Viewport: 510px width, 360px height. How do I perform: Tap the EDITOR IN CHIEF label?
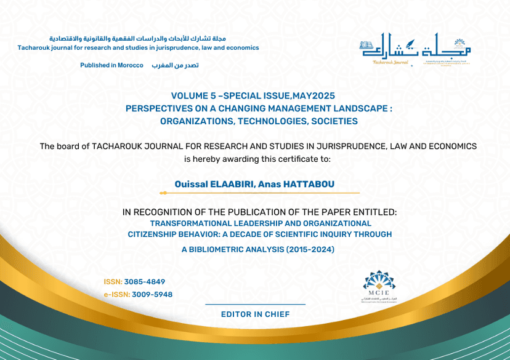(255, 314)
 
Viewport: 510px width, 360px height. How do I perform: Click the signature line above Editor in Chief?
(255, 304)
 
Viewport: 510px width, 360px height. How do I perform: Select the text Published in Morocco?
(111, 65)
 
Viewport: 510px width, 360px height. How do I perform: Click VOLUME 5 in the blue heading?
(193, 95)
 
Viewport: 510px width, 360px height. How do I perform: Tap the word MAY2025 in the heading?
(314, 95)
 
